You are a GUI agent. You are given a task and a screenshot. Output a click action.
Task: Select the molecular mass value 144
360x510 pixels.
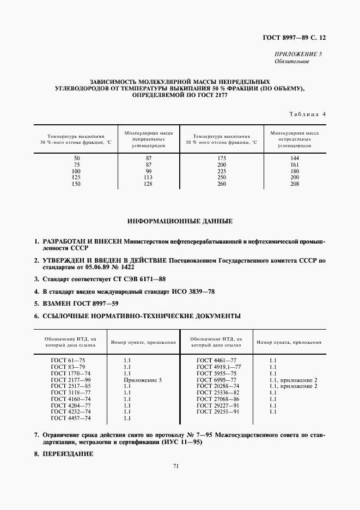(x=295, y=158)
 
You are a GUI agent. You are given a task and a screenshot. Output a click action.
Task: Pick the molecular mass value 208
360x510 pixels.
(x=295, y=184)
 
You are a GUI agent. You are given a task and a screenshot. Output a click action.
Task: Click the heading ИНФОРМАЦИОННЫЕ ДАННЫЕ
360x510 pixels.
(x=180, y=222)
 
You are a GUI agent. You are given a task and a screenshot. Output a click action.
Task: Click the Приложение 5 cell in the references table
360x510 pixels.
(x=143, y=380)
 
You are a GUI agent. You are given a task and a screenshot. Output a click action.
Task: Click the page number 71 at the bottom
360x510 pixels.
(x=176, y=466)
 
